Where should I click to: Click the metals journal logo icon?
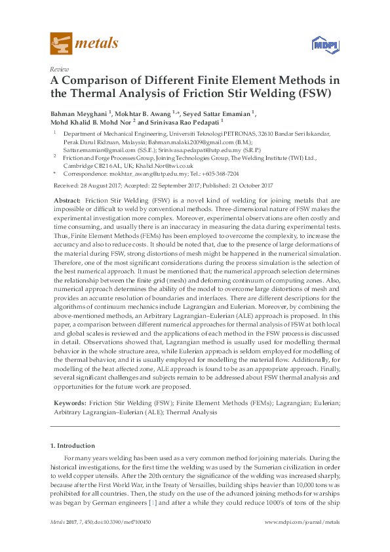click(61, 43)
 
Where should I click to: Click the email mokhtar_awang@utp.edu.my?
click(151, 174)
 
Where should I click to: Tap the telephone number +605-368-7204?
click(219, 174)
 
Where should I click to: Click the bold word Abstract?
click(67, 199)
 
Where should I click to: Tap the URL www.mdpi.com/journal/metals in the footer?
click(302, 522)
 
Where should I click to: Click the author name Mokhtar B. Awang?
click(143, 113)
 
